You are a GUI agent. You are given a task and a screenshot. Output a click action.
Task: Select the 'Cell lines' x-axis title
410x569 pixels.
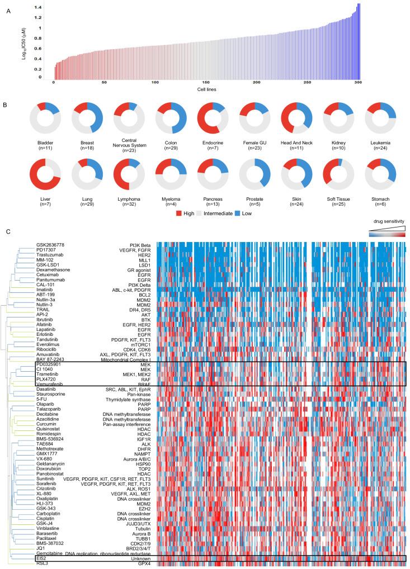click(206, 89)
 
